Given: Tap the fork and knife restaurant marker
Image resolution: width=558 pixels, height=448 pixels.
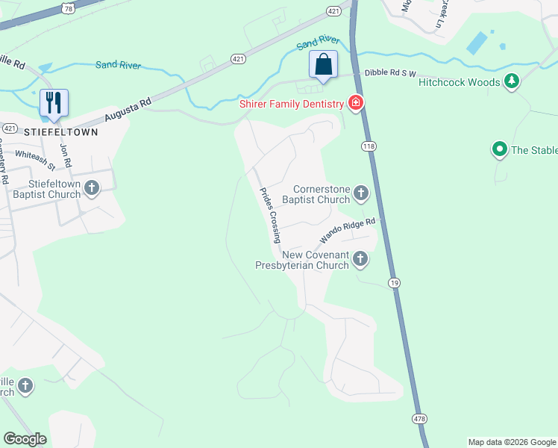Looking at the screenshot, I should tap(54, 103).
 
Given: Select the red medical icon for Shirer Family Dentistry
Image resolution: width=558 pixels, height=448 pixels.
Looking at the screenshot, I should tap(356, 104).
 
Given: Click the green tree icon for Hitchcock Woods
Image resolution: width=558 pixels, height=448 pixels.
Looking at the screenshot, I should tap(511, 81).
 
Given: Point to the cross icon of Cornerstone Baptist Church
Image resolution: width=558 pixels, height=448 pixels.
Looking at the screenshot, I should tap(360, 194).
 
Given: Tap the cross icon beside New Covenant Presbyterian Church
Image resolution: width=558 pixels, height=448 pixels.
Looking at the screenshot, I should tap(360, 259).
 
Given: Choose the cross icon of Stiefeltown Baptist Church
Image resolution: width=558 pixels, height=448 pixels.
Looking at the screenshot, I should tap(92, 188).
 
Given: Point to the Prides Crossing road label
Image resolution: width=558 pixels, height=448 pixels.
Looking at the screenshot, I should tap(269, 215).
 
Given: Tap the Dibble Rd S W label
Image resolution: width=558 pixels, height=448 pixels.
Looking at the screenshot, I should tap(389, 74).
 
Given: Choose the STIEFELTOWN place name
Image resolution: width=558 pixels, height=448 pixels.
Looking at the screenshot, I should tap(61, 130).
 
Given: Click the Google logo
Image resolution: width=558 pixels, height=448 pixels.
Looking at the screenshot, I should tap(25, 439).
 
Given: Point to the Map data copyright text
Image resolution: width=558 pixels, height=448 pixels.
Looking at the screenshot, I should tap(512, 442).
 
